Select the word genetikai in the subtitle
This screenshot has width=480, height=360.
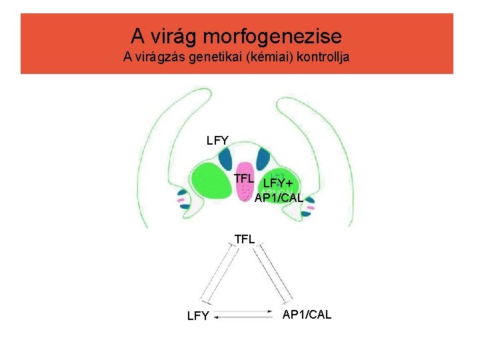tap(207, 57)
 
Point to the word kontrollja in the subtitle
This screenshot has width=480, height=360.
tap(317, 57)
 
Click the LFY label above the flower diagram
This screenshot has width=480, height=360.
tap(218, 140)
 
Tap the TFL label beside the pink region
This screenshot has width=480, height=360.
tap(244, 178)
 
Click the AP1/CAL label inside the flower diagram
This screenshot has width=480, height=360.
tap(279, 198)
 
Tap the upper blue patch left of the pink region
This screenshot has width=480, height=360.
tap(224, 160)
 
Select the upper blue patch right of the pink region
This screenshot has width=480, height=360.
tap(261, 159)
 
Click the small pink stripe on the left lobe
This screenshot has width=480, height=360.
tap(180, 199)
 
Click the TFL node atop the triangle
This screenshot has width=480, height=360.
tap(245, 238)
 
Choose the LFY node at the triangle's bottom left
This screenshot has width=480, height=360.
tap(198, 316)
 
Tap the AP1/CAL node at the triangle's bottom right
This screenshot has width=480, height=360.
tap(307, 314)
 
